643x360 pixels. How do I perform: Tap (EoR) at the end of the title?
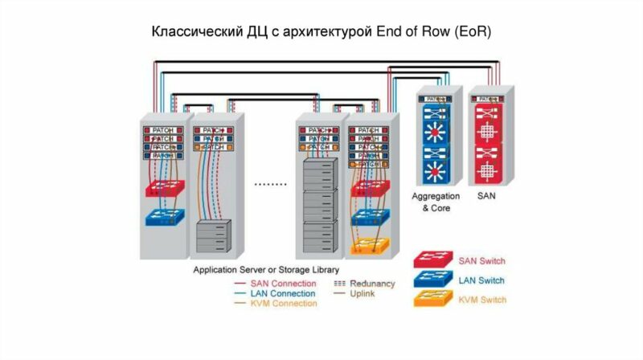pyautogui.click(x=469, y=33)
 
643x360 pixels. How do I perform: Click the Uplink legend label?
pyautogui.click(x=362, y=293)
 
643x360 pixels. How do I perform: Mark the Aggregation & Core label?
pyautogui.click(x=436, y=202)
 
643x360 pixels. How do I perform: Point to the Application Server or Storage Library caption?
pyautogui.click(x=266, y=270)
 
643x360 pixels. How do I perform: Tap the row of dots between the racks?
pyautogui.click(x=270, y=184)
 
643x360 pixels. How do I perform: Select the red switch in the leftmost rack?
pyautogui.click(x=165, y=188)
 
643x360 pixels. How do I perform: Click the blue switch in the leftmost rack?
pyautogui.click(x=165, y=217)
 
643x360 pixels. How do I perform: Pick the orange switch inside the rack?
pyautogui.click(x=369, y=245)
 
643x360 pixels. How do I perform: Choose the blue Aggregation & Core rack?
pyautogui.click(x=436, y=141)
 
